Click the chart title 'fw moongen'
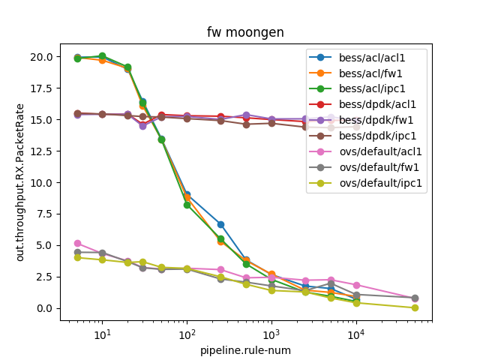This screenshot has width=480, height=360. coord(245,32)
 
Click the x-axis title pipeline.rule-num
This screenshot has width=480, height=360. coord(245,349)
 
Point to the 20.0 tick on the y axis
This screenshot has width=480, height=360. coord(41,57)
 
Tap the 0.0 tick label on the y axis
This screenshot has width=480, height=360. coord(44,308)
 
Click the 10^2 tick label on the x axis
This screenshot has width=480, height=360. coord(187,334)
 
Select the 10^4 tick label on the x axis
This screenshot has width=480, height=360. coord(355,334)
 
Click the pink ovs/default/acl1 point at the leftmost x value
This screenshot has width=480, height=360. coord(77,243)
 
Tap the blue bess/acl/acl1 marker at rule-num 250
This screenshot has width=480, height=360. coord(220,224)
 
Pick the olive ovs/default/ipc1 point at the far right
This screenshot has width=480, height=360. coord(415,307)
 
